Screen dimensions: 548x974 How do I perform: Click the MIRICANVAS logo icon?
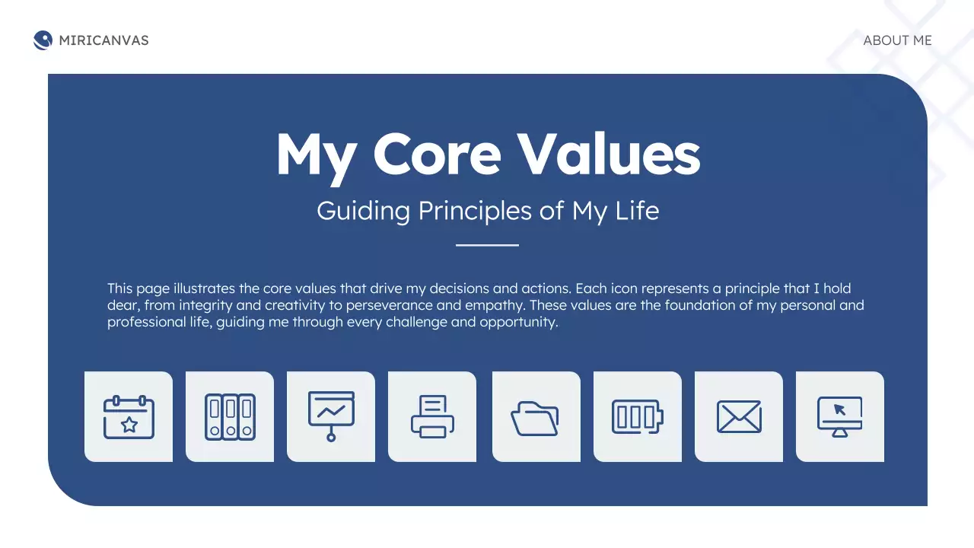coord(43,40)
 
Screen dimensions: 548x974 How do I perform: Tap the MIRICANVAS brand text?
coord(103,40)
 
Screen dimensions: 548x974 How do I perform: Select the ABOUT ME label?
coord(897,40)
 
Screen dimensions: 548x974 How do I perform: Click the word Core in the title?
coord(437,155)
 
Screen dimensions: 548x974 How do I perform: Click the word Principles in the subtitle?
coord(476,211)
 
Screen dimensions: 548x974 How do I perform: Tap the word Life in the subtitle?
coord(637,211)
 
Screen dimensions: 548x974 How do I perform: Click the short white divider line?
coord(487,245)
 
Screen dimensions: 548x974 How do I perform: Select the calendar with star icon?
coord(129,416)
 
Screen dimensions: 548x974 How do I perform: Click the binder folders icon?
coord(230,416)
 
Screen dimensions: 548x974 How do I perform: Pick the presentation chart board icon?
coord(331,416)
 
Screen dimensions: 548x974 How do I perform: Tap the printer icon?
coord(432,416)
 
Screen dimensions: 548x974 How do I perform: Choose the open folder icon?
coord(535,418)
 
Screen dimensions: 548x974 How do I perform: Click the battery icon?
coord(638,416)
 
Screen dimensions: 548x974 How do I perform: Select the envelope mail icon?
coord(739,416)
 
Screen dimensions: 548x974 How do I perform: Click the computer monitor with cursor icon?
coord(840,416)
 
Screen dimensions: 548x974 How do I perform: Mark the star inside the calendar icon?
coord(129,424)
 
